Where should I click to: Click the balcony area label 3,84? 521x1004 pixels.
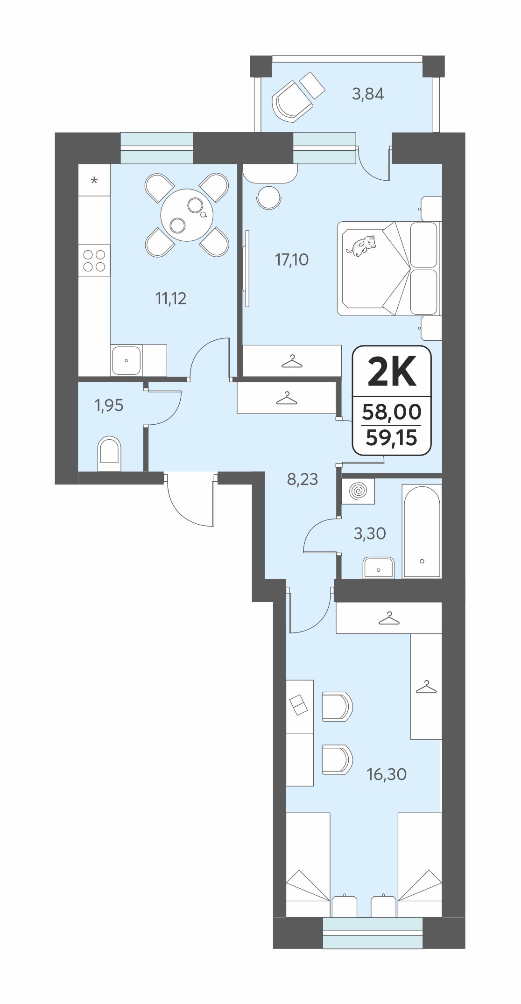coord(368,94)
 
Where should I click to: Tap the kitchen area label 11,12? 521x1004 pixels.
coord(171,298)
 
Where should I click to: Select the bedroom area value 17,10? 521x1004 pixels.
coord(292,259)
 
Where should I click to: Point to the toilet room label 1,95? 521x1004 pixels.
coord(109,405)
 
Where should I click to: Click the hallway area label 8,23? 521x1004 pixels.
coord(303,479)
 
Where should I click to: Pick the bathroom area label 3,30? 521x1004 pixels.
coord(370,533)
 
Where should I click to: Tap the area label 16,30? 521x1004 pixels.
coord(387,774)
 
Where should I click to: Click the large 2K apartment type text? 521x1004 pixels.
coord(392,372)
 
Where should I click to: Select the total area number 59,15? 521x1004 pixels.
coord(391,438)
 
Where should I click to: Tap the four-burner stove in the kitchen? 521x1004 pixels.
coord(94,261)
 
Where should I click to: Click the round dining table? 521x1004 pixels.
coord(187,215)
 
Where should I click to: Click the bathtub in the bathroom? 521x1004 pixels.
coord(422,531)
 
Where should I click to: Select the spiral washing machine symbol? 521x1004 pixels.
coord(358,491)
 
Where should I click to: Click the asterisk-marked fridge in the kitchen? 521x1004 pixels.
coord(94,180)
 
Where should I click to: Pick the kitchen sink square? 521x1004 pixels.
coord(126,360)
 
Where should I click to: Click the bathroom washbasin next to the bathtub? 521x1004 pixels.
coord(379,568)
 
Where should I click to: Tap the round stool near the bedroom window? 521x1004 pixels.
coord(269,197)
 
